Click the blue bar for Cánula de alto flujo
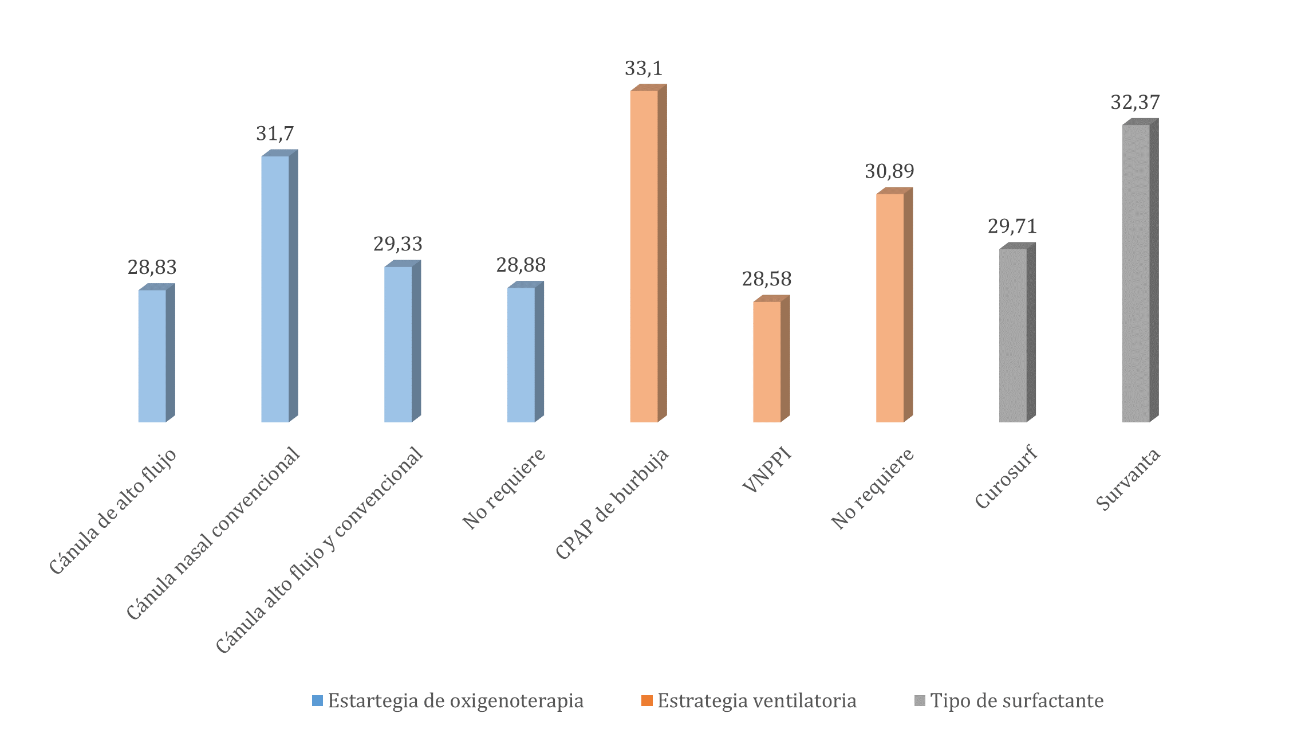[x=152, y=355]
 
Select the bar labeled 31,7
[x=275, y=289]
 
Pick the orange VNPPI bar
[x=767, y=362]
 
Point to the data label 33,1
[x=644, y=69]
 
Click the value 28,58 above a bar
[x=767, y=279]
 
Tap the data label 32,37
[x=1135, y=103]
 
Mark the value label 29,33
[x=398, y=244]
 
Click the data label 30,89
[x=889, y=171]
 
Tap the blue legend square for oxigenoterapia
[x=317, y=700]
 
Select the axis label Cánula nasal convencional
[x=213, y=534]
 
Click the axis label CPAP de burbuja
[x=612, y=504]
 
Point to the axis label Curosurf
[x=1006, y=477]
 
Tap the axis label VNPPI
[x=767, y=469]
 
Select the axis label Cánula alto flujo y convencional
[x=320, y=550]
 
